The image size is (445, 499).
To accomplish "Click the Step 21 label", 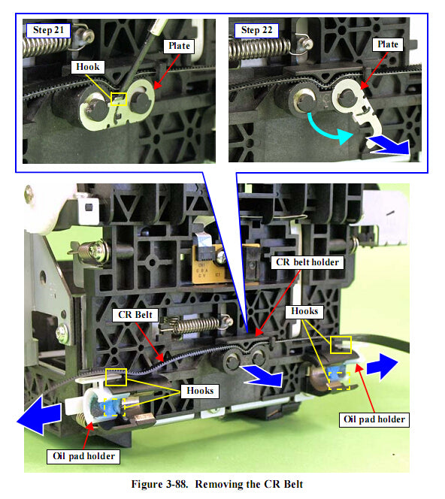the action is [48, 31].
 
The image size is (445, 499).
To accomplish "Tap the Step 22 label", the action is [256, 31].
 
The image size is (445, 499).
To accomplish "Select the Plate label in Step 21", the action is [179, 46].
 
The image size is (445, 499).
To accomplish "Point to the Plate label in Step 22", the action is [387, 44].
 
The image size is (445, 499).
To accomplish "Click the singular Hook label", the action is [87, 67].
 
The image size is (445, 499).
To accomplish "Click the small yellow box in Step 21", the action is [119, 99].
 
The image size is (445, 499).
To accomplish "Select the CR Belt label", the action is [135, 315].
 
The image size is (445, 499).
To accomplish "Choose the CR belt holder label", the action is [307, 262].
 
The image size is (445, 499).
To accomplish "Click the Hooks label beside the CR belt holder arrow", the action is [304, 311].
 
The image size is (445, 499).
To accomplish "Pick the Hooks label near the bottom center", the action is [200, 391].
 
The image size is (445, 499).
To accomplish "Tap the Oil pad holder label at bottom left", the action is [83, 456].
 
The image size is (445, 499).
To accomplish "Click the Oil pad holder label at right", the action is [374, 420].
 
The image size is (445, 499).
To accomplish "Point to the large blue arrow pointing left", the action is [40, 415].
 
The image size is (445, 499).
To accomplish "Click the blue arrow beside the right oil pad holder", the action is [382, 367].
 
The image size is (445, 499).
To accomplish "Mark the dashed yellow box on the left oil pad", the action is [114, 407].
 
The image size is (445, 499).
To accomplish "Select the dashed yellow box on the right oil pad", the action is [339, 381].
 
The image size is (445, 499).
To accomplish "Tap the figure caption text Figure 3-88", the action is [159, 485].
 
